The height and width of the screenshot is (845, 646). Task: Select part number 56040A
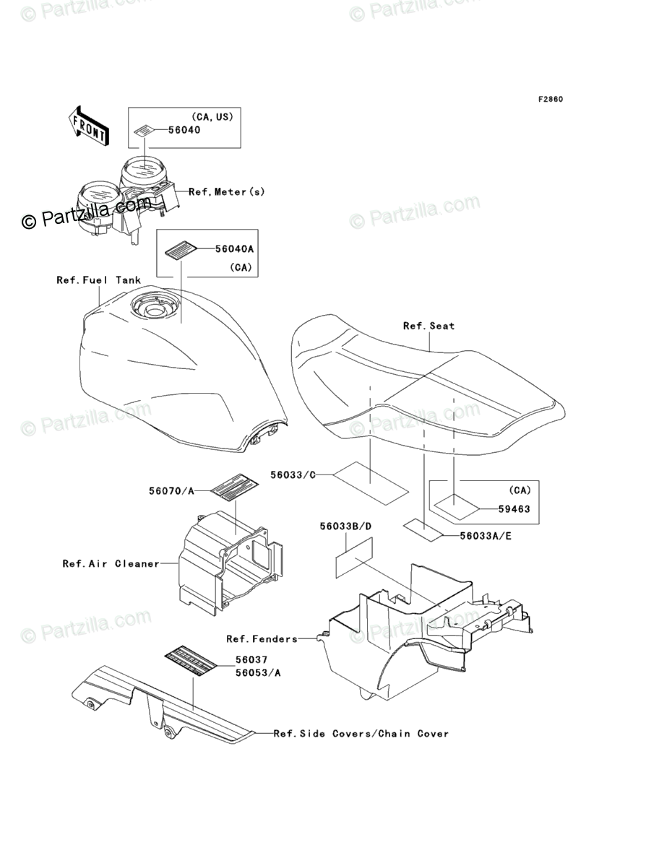point(235,248)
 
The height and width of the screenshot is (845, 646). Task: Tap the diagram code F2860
point(549,99)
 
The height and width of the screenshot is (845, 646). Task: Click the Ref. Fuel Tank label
point(99,279)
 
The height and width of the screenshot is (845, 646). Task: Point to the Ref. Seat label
point(428,326)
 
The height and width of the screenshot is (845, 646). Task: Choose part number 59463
point(514,508)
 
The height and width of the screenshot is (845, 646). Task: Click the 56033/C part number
point(293,474)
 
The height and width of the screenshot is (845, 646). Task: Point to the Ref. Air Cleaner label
point(111,563)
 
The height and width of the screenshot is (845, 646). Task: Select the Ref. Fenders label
point(262,638)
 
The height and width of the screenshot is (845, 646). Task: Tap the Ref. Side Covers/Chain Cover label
point(361,733)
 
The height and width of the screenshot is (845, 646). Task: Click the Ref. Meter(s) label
point(227,191)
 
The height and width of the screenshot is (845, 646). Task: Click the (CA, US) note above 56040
point(212,116)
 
